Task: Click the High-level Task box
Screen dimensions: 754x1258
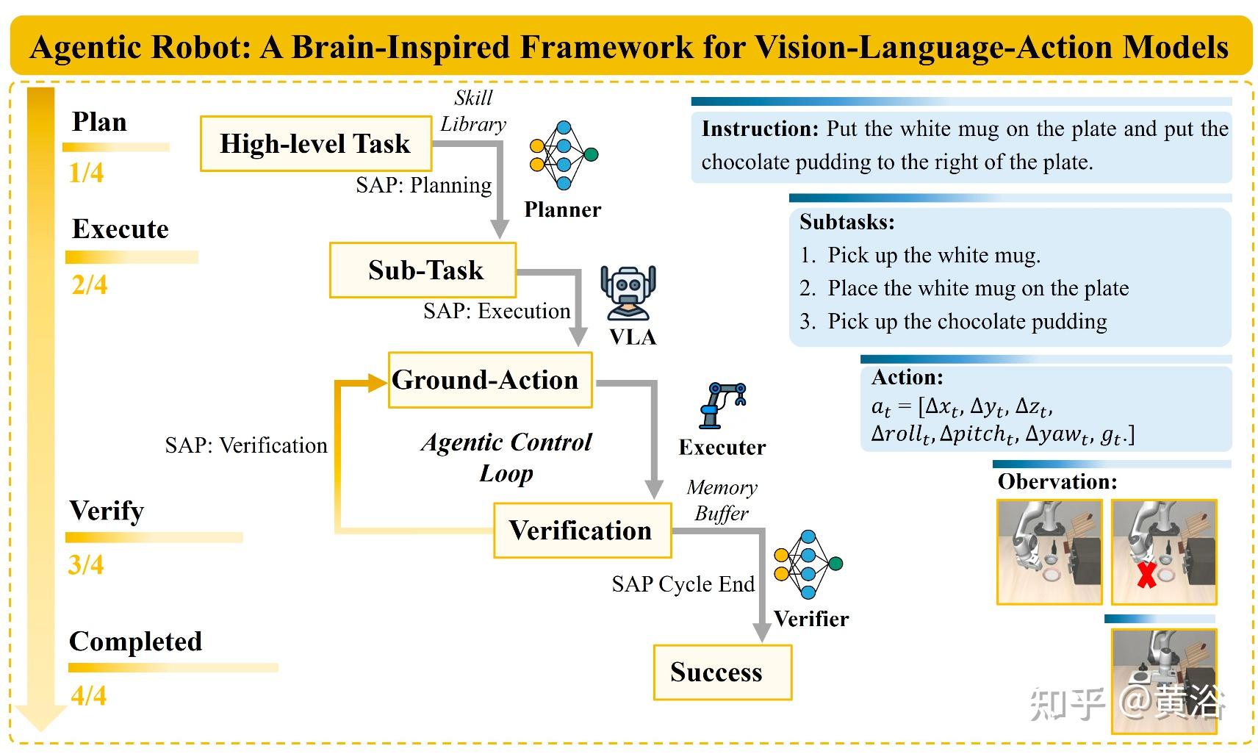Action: tap(315, 143)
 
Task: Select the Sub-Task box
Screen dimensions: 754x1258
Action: tap(423, 270)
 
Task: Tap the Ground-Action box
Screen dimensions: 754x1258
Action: tap(489, 380)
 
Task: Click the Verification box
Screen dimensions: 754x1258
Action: tap(582, 530)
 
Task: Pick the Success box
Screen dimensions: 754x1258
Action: tap(722, 672)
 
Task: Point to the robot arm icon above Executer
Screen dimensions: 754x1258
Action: tap(723, 405)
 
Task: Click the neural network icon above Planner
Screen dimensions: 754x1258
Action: tap(564, 155)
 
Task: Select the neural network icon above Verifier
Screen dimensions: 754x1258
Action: tap(808, 564)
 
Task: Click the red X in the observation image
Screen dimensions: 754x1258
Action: tap(1146, 575)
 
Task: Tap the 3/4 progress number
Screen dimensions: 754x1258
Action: tap(86, 565)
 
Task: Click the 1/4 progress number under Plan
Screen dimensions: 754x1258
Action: tap(86, 173)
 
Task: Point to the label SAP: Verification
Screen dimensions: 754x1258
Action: tap(246, 445)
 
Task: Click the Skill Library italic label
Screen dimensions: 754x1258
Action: tap(473, 111)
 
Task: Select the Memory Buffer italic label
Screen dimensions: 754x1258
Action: tap(722, 500)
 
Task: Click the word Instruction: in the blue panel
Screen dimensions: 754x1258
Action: tap(760, 129)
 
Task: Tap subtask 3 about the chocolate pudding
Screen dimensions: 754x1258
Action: tap(953, 322)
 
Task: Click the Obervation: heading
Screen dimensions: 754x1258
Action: tap(1057, 482)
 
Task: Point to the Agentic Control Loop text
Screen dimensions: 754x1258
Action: tap(506, 457)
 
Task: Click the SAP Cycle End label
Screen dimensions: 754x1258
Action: tap(683, 584)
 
